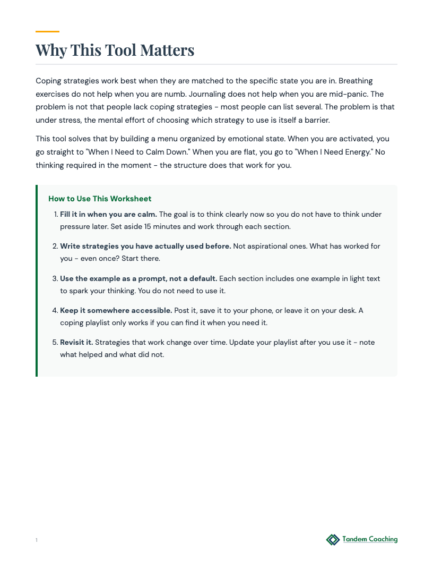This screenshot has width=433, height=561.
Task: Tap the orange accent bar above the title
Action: [x=47, y=32]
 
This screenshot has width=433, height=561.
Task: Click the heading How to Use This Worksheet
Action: [x=100, y=199]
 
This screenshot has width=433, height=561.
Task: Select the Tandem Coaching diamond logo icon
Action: [x=333, y=540]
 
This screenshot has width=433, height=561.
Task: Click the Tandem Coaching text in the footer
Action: [x=370, y=539]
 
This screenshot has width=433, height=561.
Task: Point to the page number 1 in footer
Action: [x=37, y=540]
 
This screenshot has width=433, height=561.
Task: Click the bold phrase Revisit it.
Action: [x=76, y=342]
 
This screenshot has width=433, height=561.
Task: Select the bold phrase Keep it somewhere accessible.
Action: [x=116, y=310]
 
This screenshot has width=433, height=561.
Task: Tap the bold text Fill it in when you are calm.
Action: [x=108, y=214]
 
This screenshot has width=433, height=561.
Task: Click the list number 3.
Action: [x=55, y=278]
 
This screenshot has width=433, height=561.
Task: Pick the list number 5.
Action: [x=55, y=342]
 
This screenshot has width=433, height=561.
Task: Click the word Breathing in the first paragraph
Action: [x=355, y=81]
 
